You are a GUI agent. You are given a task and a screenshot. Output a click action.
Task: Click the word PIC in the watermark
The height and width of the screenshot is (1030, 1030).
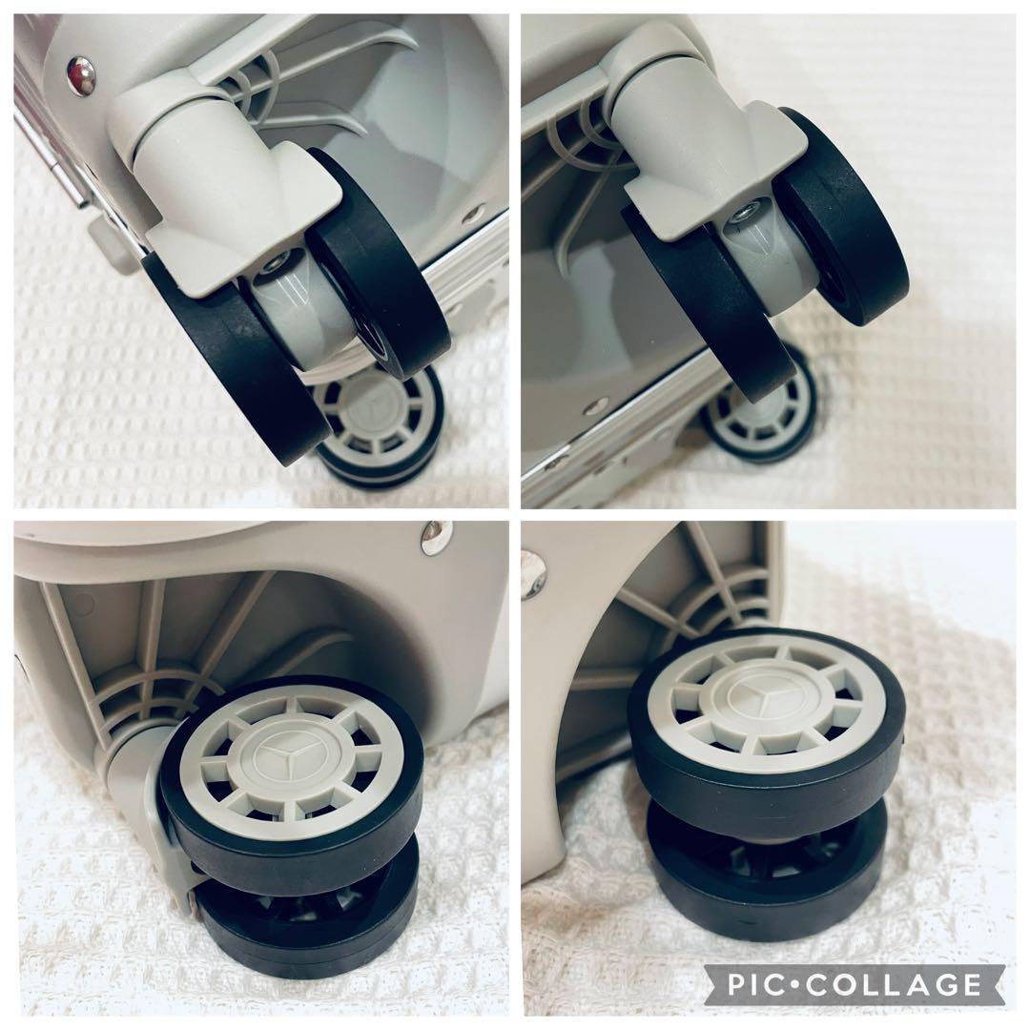(756, 984)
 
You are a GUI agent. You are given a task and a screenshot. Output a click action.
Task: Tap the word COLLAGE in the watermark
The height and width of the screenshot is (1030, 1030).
(894, 984)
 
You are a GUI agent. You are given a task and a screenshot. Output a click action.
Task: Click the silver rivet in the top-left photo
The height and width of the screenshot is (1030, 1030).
(81, 75)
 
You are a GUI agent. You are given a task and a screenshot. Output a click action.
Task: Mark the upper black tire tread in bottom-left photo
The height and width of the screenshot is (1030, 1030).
(289, 848)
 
